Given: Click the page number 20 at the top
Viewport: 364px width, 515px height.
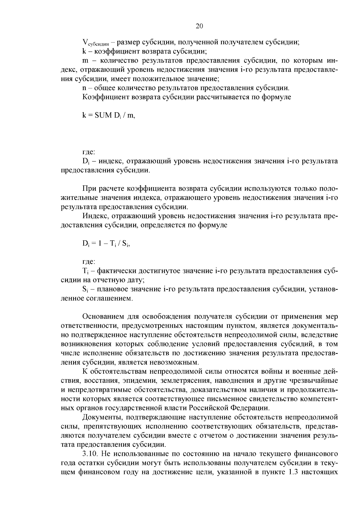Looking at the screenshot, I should tap(199, 26).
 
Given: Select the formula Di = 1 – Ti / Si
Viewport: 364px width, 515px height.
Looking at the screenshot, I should tap(106, 243).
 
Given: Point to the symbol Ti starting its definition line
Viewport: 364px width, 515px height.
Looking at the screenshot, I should tap(85, 271).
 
